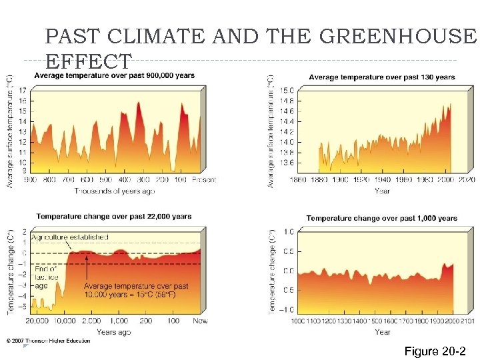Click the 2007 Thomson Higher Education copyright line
coord(48,341)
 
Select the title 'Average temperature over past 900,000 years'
coord(114,76)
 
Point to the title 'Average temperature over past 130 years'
coord(382,77)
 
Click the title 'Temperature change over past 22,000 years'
coord(113,216)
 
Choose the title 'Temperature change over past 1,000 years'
coord(381,218)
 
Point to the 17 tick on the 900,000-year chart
coord(23,91)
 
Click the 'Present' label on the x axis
coord(204,180)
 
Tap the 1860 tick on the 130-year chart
coord(297,180)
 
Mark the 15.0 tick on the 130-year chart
coord(286,91)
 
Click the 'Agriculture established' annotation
coord(70,237)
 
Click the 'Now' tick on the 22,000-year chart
coord(200,321)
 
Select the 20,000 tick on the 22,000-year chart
coord(37,321)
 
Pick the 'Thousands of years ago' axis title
coord(114,191)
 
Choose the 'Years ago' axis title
coord(114,332)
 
